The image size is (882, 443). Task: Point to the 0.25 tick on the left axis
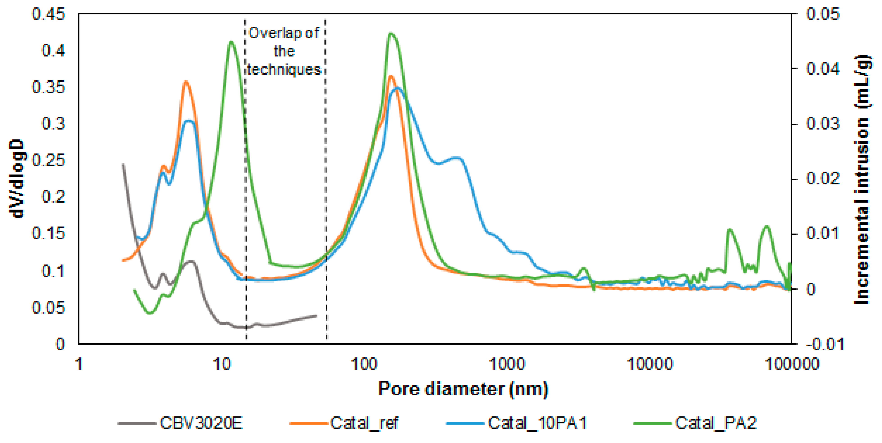click(48, 160)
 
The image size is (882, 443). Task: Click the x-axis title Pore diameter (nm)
click(463, 389)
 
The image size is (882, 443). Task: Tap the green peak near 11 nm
click(231, 42)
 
